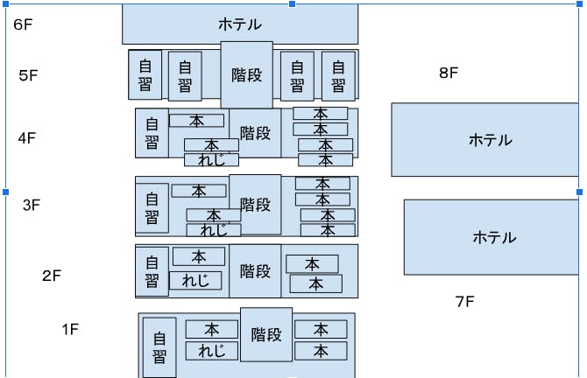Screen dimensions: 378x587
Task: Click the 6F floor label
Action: [23, 24]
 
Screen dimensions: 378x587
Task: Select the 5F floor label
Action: [28, 75]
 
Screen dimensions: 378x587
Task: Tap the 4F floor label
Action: [26, 137]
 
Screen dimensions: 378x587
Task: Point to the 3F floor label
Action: [32, 206]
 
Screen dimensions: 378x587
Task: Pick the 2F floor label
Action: [52, 276]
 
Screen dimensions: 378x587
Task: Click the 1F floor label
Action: [70, 330]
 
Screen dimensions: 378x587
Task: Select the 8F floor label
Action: [449, 73]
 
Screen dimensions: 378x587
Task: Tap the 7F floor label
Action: [464, 302]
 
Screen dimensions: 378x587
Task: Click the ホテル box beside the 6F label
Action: [240, 24]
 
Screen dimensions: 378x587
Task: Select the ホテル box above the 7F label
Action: [494, 237]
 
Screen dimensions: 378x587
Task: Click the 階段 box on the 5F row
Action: [246, 75]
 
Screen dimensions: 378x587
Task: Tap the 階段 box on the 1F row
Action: [266, 334]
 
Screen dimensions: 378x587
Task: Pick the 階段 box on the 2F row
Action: [255, 271]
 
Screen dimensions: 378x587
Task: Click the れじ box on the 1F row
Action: [211, 351]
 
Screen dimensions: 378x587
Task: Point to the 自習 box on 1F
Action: [159, 346]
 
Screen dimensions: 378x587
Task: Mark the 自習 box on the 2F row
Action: [152, 271]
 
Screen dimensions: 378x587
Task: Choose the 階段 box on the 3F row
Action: [255, 205]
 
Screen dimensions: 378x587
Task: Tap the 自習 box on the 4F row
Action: [152, 133]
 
